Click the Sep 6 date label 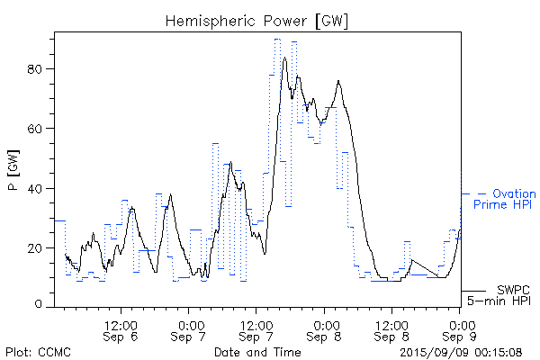point(121,337)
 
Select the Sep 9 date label point(460,337)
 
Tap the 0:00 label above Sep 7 point(189,324)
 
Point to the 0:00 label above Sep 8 point(325,324)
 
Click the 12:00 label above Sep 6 point(121,324)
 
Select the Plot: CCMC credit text point(38,352)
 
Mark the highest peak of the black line point(284,58)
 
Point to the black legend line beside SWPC point(473,290)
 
